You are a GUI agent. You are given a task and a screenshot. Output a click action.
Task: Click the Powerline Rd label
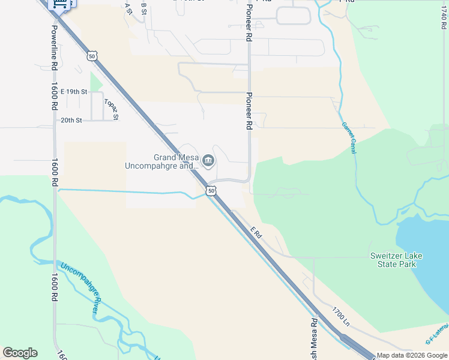[54, 48]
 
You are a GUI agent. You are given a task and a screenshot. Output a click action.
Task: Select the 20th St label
[71, 120]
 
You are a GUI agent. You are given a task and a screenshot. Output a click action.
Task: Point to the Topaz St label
[111, 109]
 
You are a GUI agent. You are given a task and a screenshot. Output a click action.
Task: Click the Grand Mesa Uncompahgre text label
[161, 162]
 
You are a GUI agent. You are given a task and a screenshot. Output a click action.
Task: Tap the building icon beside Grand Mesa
[208, 160]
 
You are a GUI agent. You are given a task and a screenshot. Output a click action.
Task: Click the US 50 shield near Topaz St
[92, 56]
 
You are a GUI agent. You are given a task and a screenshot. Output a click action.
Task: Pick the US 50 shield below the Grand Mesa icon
[210, 191]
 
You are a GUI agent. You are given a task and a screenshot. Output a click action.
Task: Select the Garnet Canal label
[349, 138]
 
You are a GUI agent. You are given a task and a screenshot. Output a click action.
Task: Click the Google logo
[20, 353]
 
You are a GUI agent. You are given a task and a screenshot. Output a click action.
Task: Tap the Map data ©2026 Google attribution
[412, 355]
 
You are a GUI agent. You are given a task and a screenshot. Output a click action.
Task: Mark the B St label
[143, 8]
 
